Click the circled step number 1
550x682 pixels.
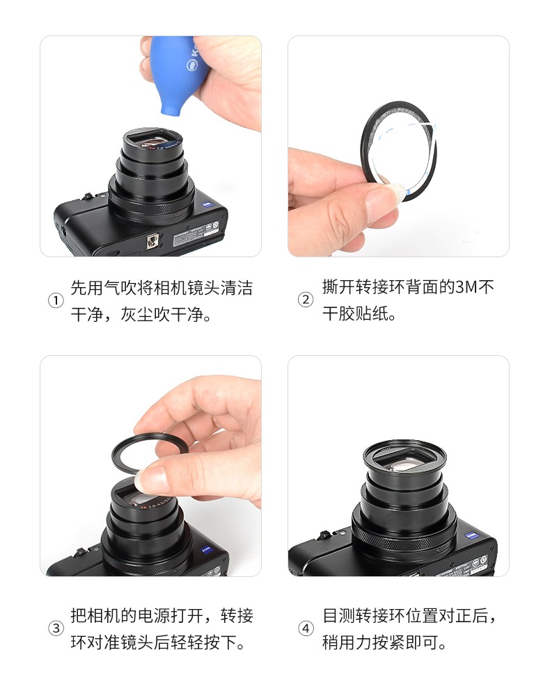(55, 300)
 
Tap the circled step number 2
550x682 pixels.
(305, 300)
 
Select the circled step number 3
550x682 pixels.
(56, 628)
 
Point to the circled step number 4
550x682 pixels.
(306, 628)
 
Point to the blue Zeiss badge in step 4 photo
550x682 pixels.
(471, 535)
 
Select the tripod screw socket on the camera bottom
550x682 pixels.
(152, 240)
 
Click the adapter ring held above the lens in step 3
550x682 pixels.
(150, 450)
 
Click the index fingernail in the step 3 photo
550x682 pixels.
(150, 478)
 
